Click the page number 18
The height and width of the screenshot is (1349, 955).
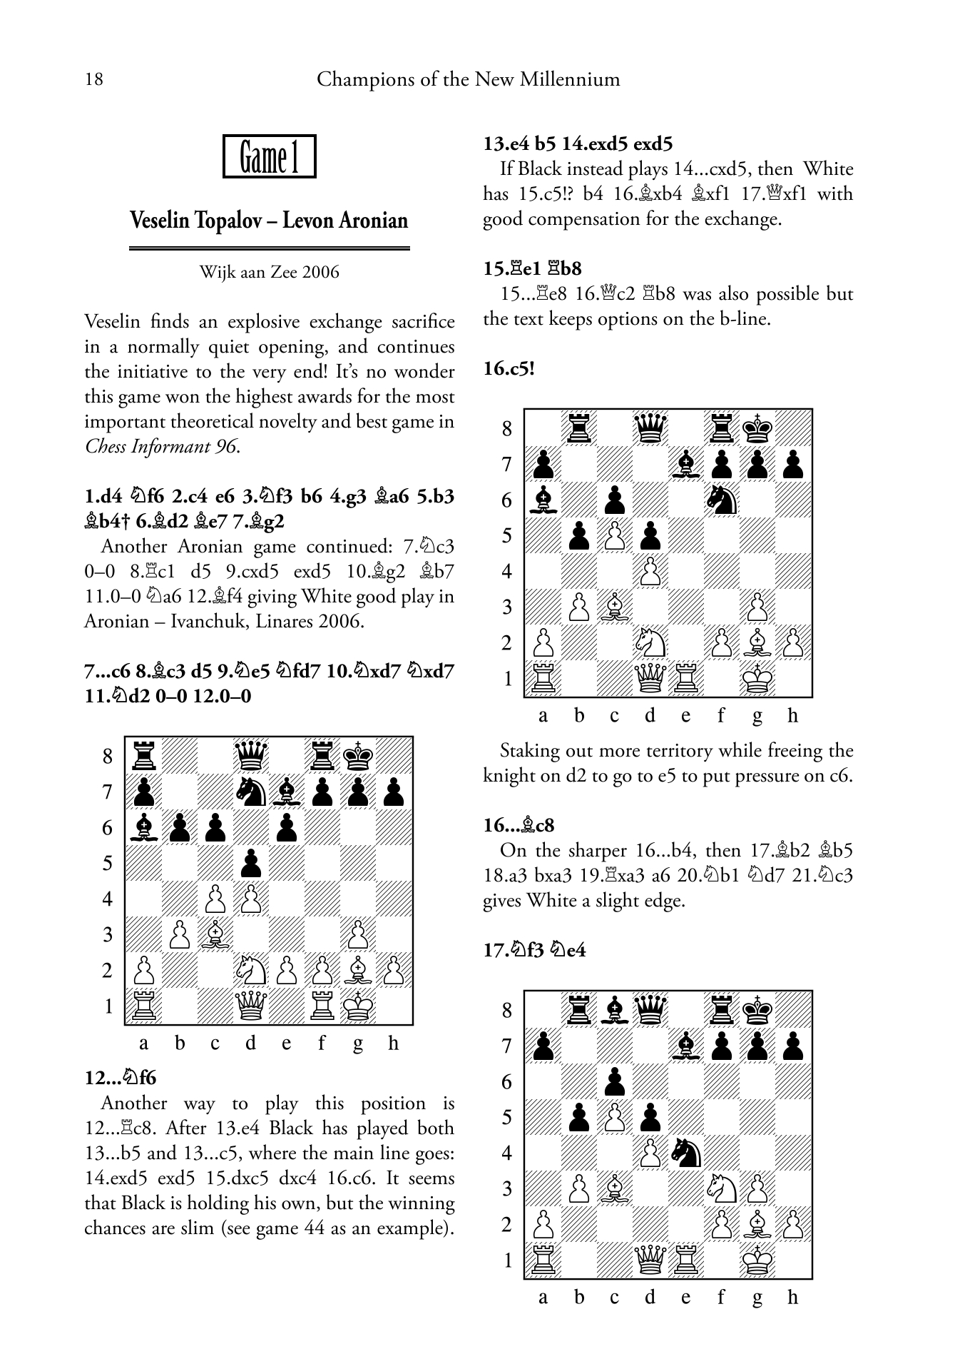[x=93, y=79]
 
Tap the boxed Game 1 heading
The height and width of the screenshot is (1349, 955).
[x=269, y=156]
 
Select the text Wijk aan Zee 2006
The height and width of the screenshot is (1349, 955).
[x=269, y=272]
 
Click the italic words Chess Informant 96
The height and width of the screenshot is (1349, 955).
[x=162, y=447]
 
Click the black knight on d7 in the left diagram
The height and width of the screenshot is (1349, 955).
[x=250, y=791]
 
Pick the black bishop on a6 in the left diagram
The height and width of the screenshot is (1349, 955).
[x=144, y=827]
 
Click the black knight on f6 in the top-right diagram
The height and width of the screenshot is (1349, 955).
[x=721, y=499]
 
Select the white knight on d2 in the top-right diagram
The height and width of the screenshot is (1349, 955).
[x=650, y=642]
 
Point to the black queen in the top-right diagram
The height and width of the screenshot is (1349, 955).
[x=650, y=428]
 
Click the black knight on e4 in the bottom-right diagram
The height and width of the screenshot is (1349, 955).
[x=685, y=1152]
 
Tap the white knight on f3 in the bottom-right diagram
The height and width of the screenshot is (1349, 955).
[x=721, y=1188]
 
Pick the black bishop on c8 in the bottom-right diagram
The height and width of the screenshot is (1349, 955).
[x=614, y=1009]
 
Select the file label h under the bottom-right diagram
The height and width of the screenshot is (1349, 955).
[x=792, y=1298]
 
